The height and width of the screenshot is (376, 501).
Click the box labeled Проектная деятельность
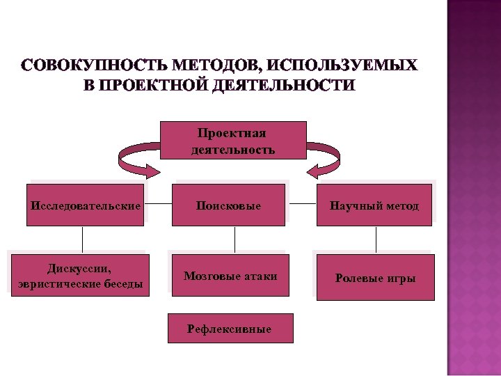tap(233, 141)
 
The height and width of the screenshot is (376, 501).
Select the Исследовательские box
tap(86, 205)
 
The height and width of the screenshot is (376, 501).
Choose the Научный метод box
tap(375, 205)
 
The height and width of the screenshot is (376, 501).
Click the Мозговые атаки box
tap(230, 276)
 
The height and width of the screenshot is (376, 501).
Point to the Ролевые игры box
tap(375, 278)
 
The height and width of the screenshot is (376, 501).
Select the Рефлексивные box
tap(230, 328)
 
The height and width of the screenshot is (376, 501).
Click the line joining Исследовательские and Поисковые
tap(159, 205)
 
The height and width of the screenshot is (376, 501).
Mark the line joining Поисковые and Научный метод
tap(302, 205)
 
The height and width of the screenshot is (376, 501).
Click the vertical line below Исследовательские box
tap(83, 239)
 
